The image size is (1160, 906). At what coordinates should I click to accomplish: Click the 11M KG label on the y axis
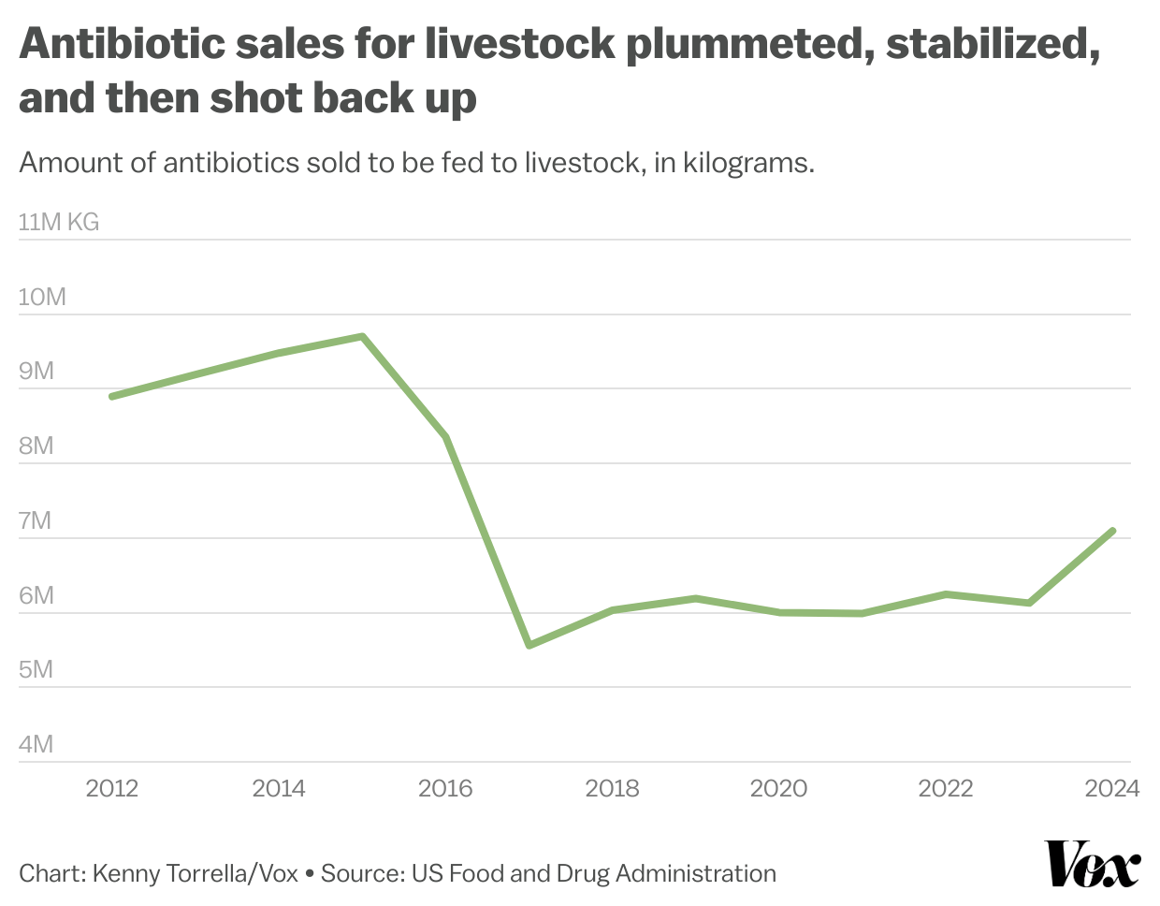pos(58,223)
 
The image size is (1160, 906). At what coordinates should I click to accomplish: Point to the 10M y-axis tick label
pos(42,298)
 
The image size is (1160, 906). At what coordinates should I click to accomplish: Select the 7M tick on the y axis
pos(35,521)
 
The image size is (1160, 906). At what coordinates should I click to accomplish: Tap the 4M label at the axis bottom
pos(35,745)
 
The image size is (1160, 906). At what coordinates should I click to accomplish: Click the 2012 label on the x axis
pos(112,789)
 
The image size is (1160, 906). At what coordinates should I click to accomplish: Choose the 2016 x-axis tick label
pos(445,789)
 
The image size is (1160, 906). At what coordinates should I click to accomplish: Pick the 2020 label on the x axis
pos(778,789)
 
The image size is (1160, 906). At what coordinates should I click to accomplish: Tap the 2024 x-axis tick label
pos(1111,789)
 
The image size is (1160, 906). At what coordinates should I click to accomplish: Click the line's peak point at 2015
pos(362,336)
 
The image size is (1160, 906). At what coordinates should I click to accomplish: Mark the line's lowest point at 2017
pos(529,645)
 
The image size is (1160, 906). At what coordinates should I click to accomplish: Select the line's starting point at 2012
pos(112,397)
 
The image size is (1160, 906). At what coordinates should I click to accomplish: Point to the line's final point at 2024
pos(1112,531)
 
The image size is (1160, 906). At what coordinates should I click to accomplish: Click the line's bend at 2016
pos(446,437)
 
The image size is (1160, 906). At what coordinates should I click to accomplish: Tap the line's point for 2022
pos(946,594)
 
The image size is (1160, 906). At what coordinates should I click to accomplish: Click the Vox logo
pos(1092,864)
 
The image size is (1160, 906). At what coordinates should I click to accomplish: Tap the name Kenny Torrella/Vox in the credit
pos(196,874)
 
